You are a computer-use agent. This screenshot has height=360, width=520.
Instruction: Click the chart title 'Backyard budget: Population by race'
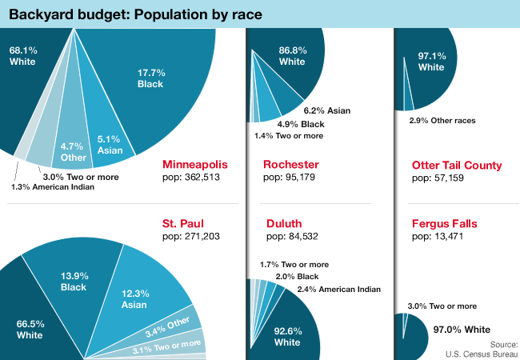(135, 15)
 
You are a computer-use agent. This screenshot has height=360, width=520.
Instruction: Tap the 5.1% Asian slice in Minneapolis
(109, 136)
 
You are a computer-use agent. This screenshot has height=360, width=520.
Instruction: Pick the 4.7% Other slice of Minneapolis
(74, 144)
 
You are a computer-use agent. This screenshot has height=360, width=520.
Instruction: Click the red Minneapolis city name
(195, 166)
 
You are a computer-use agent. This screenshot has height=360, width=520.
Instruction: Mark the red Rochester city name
(291, 166)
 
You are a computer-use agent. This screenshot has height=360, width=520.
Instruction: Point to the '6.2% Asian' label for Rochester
(328, 110)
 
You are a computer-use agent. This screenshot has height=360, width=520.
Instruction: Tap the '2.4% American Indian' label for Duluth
(338, 290)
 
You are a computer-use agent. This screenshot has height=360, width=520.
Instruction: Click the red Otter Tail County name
(457, 166)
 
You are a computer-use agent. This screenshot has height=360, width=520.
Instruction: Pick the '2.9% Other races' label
(442, 120)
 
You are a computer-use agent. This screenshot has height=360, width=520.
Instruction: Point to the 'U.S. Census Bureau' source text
(482, 353)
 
